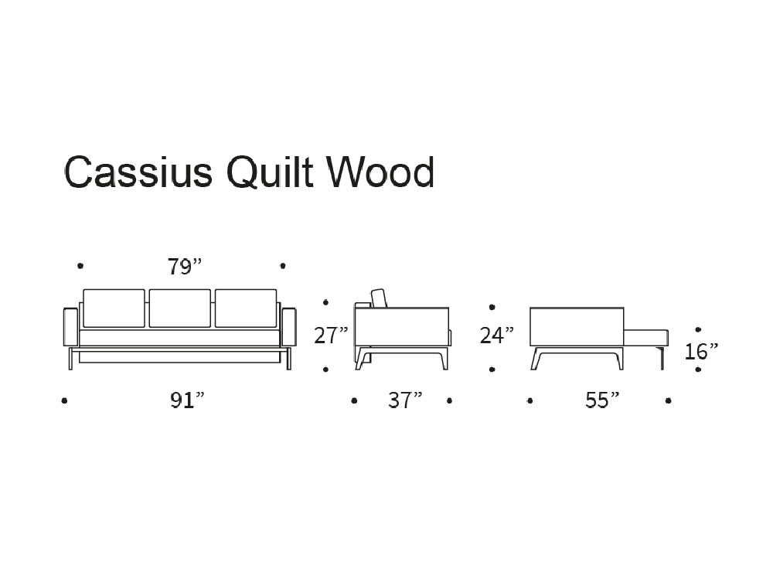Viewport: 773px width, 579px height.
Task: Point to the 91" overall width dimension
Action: click(187, 400)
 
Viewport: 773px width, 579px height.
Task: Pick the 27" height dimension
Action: click(331, 335)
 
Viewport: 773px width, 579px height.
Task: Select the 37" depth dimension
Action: click(405, 400)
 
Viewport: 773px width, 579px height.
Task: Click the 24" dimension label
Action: click(497, 335)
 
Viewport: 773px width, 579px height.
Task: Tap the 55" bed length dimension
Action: click(602, 400)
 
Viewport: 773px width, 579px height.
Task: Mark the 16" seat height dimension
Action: click(701, 352)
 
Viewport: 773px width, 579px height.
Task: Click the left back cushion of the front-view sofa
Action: click(114, 308)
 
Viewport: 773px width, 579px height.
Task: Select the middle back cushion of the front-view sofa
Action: click(179, 308)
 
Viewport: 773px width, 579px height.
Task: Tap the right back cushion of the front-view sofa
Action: click(246, 308)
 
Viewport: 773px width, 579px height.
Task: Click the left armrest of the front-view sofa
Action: click(70, 326)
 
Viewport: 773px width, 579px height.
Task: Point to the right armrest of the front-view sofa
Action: click(289, 326)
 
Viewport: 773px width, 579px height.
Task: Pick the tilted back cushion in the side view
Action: click(380, 298)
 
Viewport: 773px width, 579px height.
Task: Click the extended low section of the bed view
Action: click(645, 337)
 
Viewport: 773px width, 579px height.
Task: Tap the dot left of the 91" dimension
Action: click(64, 400)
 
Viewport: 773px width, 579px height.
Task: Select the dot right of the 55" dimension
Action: click(668, 400)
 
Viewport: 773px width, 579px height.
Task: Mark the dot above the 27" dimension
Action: click(326, 303)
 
